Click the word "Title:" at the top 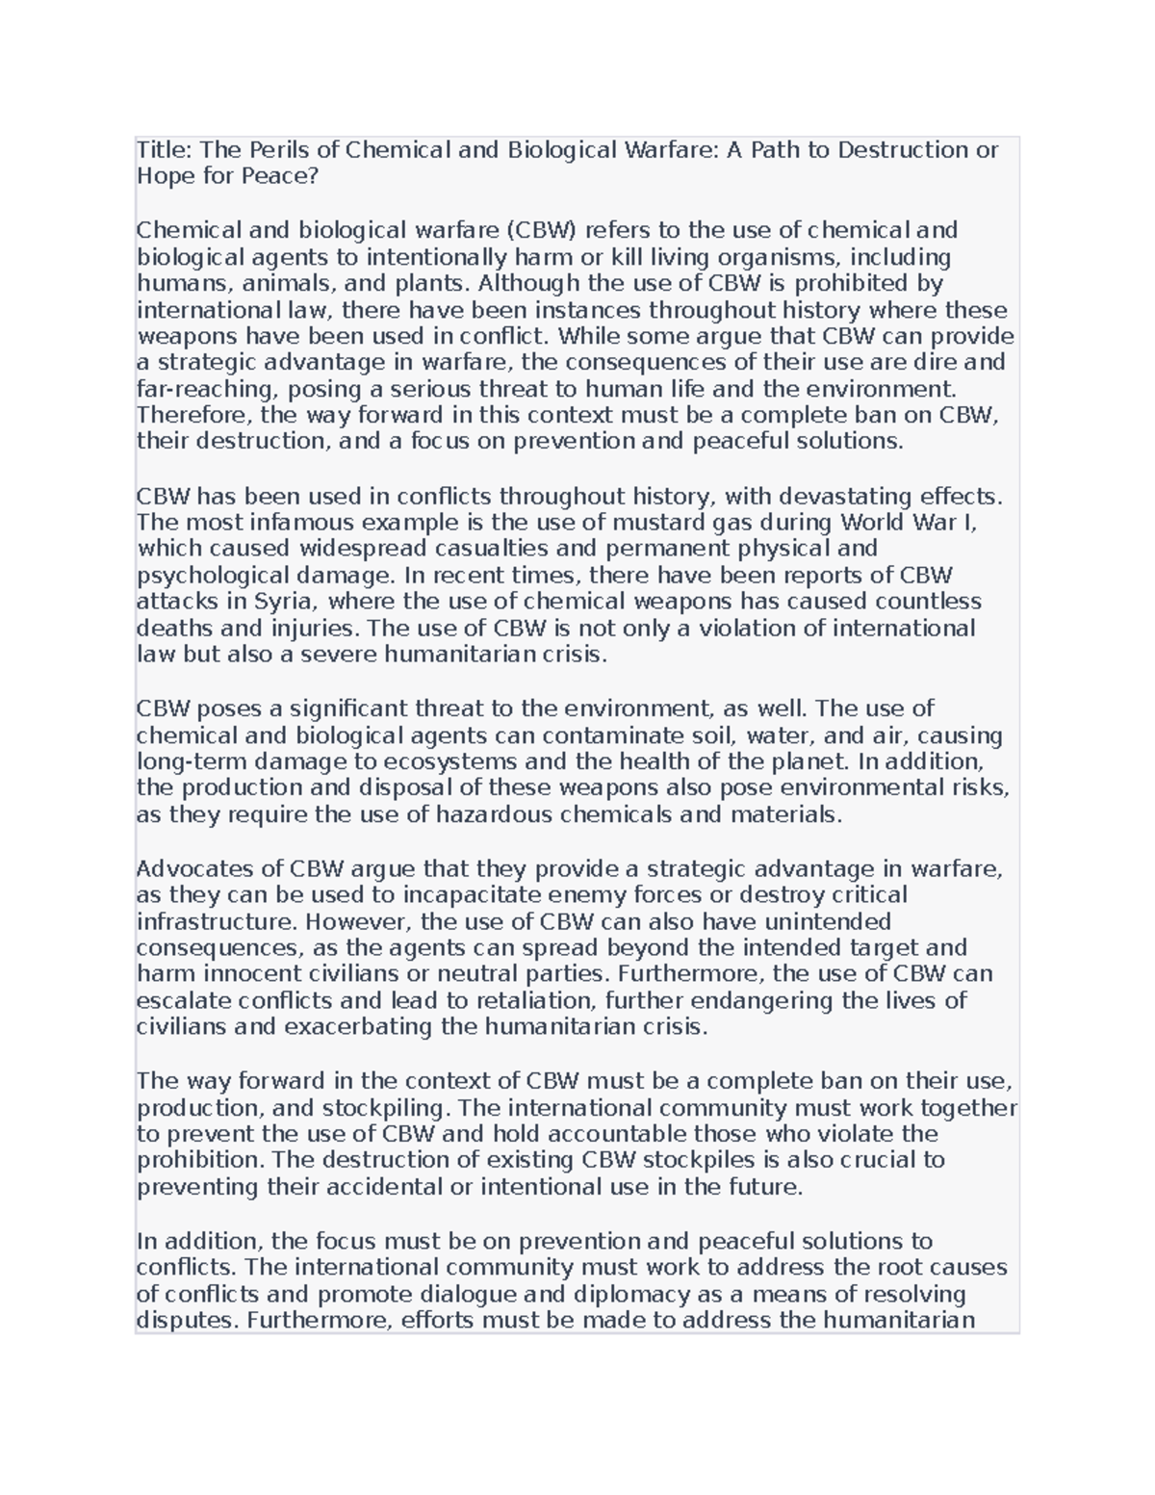coord(165,150)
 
